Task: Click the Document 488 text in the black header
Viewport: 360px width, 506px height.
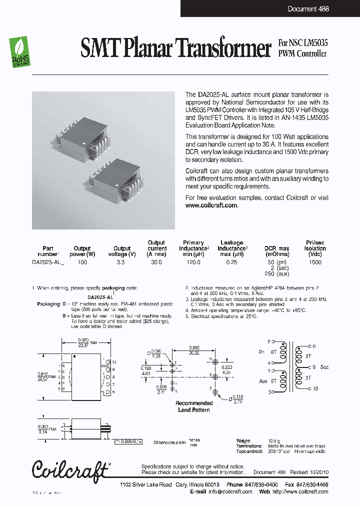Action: click(308, 9)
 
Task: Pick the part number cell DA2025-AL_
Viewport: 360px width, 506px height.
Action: click(48, 262)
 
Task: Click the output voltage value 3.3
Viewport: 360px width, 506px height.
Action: click(121, 262)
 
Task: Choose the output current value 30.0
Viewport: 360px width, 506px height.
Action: click(156, 262)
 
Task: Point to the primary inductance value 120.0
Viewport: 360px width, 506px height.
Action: click(193, 262)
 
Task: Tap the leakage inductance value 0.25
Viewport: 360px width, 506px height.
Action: click(231, 262)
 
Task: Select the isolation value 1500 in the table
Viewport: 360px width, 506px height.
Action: click(315, 262)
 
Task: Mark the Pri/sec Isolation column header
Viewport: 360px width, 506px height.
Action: click(315, 248)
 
